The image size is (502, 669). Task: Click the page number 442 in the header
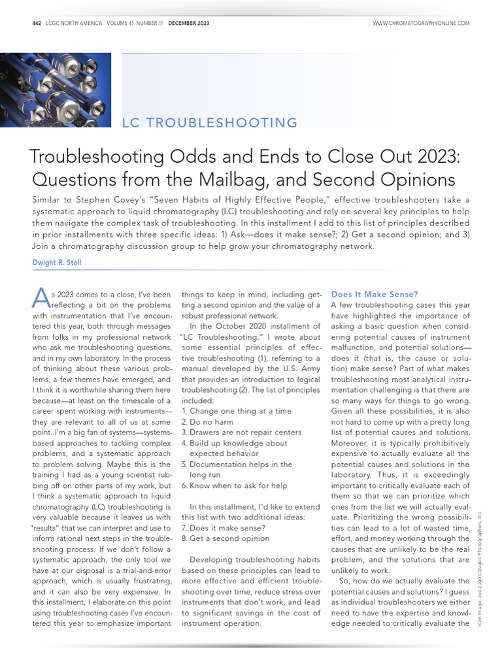37,24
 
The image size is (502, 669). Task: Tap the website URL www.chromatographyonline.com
421,24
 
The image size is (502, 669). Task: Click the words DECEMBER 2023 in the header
189,24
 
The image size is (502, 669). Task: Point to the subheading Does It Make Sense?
375,295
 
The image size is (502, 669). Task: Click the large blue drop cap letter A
40,300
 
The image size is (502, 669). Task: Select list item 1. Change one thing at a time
236,411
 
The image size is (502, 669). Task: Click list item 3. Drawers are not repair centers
241,432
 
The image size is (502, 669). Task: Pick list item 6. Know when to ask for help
233,485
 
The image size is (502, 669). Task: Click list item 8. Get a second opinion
225,538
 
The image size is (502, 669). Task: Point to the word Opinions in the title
422,180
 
